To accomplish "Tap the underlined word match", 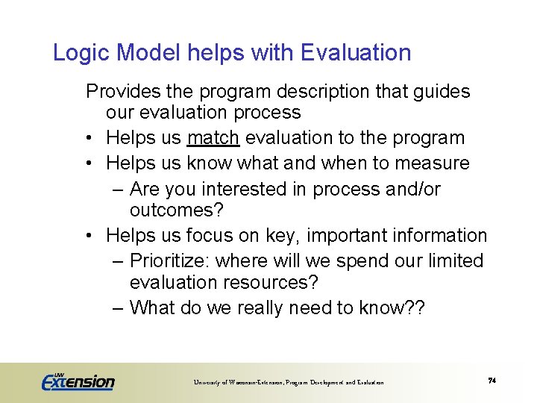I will tap(213, 138).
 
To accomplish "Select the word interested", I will tap(247, 190).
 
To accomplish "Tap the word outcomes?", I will tap(177, 210).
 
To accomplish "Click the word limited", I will tap(453, 261).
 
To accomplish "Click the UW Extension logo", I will tap(78, 381).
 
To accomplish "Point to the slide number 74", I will tap(492, 381).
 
